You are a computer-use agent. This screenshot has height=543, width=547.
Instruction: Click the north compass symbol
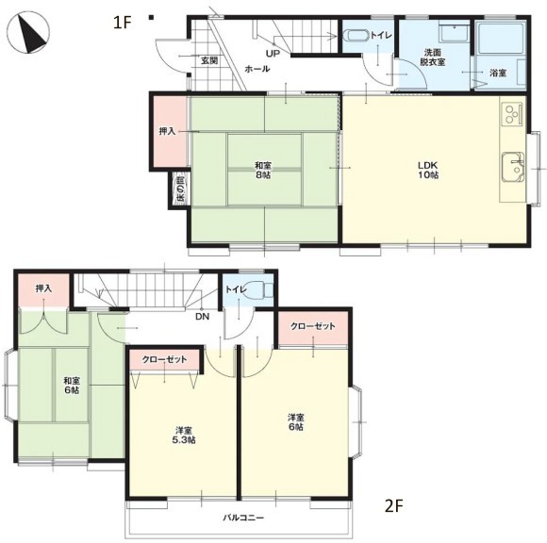point(28,33)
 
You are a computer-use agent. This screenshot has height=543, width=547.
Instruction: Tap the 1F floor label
point(122,23)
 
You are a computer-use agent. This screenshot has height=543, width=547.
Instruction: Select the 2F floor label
point(394,506)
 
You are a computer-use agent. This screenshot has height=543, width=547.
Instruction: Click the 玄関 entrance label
point(209,60)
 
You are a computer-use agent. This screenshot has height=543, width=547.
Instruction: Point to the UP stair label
point(273,54)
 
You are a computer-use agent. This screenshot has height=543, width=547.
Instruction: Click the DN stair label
point(203,317)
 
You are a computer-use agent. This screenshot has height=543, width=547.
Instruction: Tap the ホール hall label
point(257,69)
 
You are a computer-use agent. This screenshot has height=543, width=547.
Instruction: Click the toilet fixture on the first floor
point(356,37)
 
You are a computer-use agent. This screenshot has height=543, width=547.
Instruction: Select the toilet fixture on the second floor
point(259,289)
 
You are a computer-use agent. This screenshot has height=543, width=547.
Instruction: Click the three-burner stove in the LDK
point(512,113)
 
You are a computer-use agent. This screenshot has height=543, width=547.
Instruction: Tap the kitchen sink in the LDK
point(513,167)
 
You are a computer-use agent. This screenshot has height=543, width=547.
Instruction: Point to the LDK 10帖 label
point(428,170)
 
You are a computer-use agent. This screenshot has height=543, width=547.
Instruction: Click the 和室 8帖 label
point(263,170)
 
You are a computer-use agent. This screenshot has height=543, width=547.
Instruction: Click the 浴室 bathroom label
point(498,74)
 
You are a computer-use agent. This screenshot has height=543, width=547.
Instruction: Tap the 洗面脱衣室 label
point(433,58)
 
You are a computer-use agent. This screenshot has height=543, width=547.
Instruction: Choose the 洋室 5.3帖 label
point(184,436)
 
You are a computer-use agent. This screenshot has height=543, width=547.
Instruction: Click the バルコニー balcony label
point(243,518)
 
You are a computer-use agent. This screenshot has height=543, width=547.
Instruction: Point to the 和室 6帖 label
point(72,385)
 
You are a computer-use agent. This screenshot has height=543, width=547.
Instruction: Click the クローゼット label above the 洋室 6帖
point(313,326)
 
